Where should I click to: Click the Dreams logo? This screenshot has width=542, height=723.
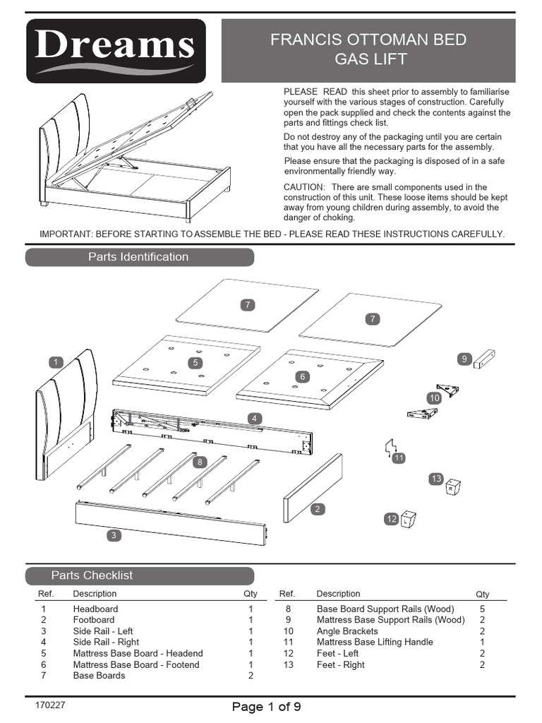[x=116, y=51]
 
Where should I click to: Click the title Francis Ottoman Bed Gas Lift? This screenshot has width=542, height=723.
[x=368, y=49]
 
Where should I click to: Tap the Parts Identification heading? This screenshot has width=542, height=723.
[x=139, y=257]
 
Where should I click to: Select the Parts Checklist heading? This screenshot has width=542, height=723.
[x=92, y=575]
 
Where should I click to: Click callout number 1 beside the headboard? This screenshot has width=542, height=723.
[x=55, y=362]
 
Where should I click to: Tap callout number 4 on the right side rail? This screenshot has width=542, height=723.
[x=254, y=419]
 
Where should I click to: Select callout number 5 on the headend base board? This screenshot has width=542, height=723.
[x=195, y=362]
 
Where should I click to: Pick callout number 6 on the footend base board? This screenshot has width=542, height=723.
[x=302, y=377]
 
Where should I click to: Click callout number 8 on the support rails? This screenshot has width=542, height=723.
[x=200, y=462]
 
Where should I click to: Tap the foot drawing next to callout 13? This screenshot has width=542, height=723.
[x=453, y=487]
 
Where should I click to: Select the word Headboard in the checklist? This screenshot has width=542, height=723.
[x=95, y=609]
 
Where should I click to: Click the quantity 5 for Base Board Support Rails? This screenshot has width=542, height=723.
[x=482, y=609]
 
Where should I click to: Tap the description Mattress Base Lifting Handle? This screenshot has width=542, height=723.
[x=375, y=642]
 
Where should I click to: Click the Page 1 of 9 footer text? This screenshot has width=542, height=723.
[x=267, y=707]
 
